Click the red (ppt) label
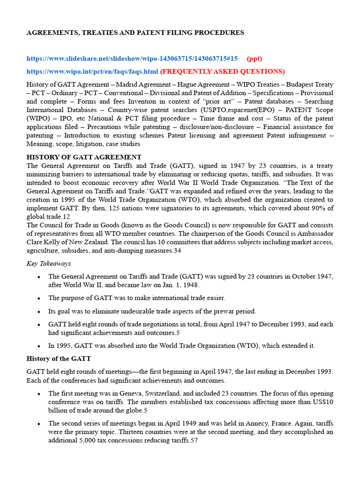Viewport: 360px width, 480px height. (255, 59)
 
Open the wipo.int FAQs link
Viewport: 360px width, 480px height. (92, 71)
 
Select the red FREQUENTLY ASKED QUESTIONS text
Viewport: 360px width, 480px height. (222, 71)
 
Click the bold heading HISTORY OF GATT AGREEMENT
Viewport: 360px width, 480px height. (84, 157)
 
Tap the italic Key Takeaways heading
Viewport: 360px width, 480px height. (49, 263)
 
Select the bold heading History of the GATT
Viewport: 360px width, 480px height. (61, 359)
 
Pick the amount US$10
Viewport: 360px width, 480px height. (322, 402)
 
